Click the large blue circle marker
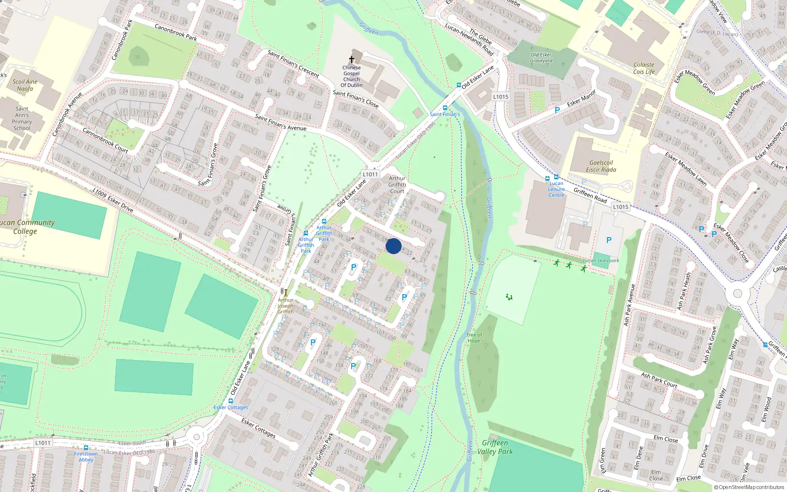click(x=393, y=246)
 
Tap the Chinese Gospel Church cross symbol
click(x=352, y=60)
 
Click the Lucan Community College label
click(x=26, y=227)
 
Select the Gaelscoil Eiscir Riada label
click(x=601, y=166)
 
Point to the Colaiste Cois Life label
click(x=644, y=68)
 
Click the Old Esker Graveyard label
click(x=541, y=58)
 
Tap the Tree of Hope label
click(x=474, y=338)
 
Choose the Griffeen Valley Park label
click(x=495, y=447)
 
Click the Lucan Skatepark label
click(x=601, y=260)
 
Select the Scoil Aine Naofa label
click(x=25, y=85)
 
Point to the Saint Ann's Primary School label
click(x=22, y=118)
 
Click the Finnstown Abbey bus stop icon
click(x=86, y=447)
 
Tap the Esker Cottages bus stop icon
click(x=230, y=401)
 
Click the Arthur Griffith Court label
click(x=397, y=184)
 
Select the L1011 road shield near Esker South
click(x=43, y=443)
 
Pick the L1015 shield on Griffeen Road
click(x=621, y=207)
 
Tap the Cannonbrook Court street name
click(x=105, y=140)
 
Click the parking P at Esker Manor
click(x=557, y=111)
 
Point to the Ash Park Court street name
click(x=659, y=380)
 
